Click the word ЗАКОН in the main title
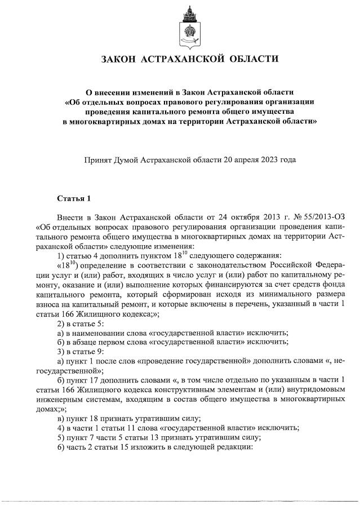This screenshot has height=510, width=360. tap(119, 59)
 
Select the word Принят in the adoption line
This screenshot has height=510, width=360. tap(96, 159)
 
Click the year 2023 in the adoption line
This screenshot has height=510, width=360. tap(264, 159)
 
